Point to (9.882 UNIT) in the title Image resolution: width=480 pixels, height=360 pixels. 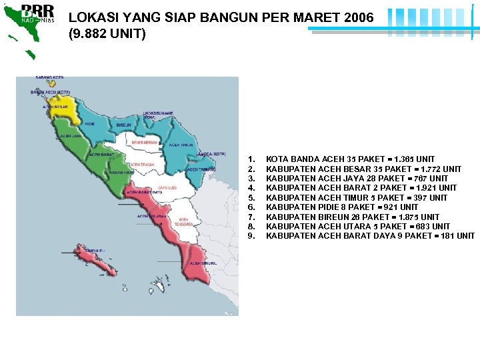pyautogui.click(x=107, y=33)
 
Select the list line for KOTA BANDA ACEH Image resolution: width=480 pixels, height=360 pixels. pyautogui.click(x=350, y=159)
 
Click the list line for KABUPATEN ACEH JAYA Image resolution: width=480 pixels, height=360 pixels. pyautogui.click(x=357, y=179)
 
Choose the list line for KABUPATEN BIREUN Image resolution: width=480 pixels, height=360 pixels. pyautogui.click(x=353, y=217)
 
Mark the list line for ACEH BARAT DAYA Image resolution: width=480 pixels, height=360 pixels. pyautogui.click(x=370, y=236)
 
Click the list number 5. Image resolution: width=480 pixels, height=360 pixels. pyautogui.click(x=251, y=198)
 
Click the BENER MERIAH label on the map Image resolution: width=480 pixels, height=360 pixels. pyautogui.click(x=145, y=142)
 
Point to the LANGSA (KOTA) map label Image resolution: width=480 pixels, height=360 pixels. pyautogui.click(x=212, y=154)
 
